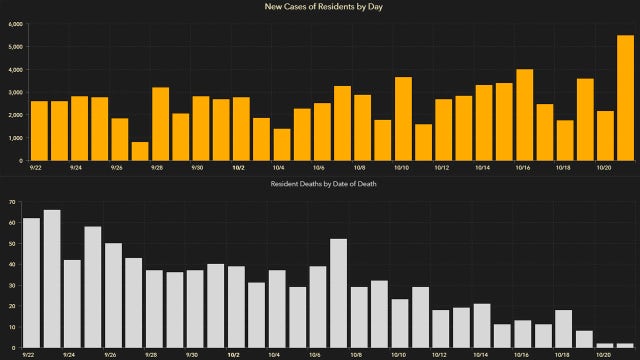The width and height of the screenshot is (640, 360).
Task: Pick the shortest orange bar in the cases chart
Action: click(140, 151)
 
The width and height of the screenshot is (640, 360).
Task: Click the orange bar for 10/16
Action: click(524, 115)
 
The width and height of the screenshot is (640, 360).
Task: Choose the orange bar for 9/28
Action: click(160, 124)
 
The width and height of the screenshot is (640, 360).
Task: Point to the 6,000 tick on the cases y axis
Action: click(15, 23)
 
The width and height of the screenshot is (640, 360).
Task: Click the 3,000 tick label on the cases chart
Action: click(15, 92)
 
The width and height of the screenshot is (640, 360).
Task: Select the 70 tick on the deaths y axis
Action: click(13, 202)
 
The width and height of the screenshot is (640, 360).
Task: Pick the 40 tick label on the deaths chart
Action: click(13, 265)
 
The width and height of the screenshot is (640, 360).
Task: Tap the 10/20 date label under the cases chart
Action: click(604, 168)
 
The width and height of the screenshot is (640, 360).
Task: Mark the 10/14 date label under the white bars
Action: click(482, 354)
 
